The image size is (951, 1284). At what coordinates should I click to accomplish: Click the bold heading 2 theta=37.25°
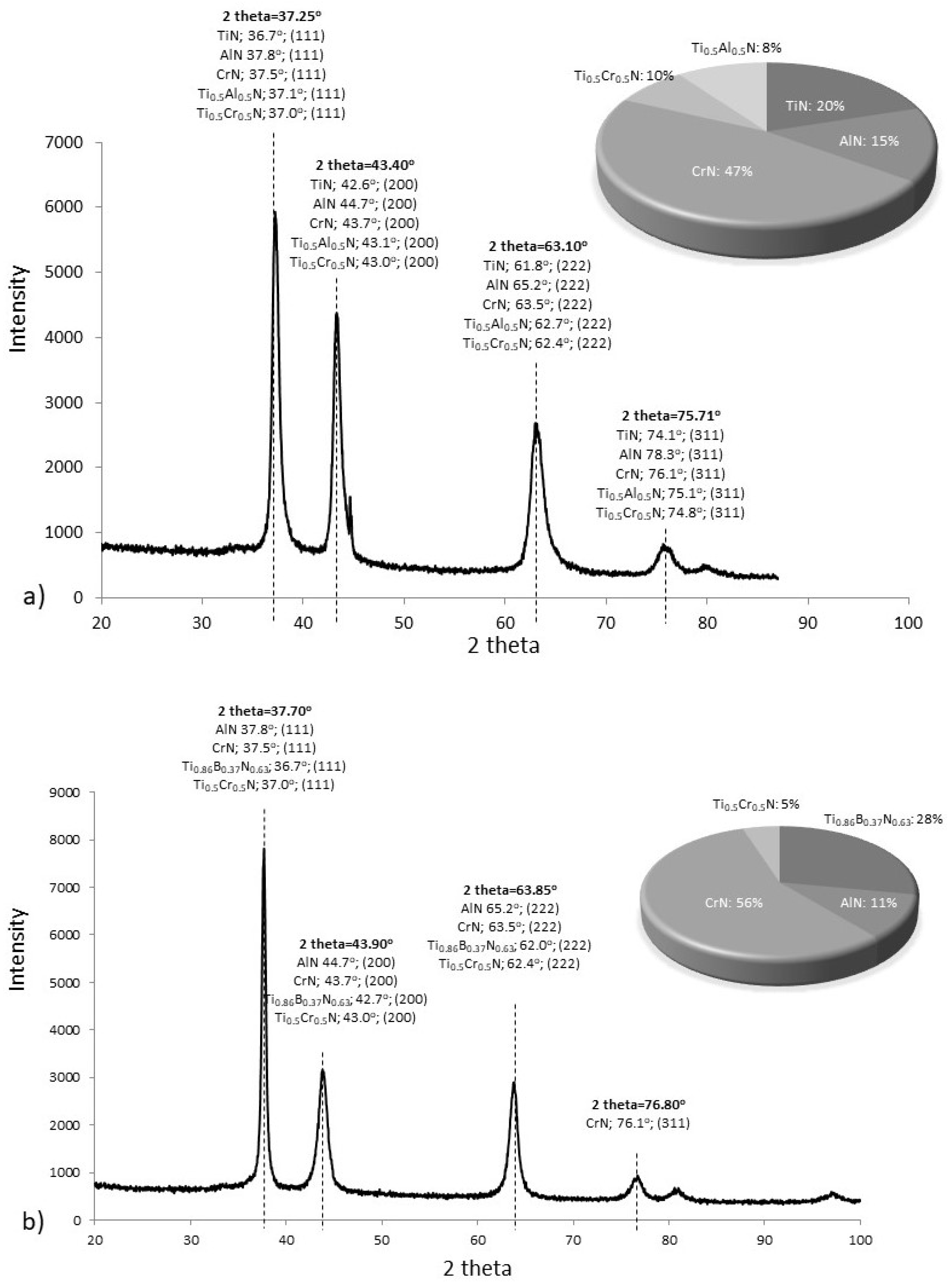[270, 16]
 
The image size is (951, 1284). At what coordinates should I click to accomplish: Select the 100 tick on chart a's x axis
[909, 623]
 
